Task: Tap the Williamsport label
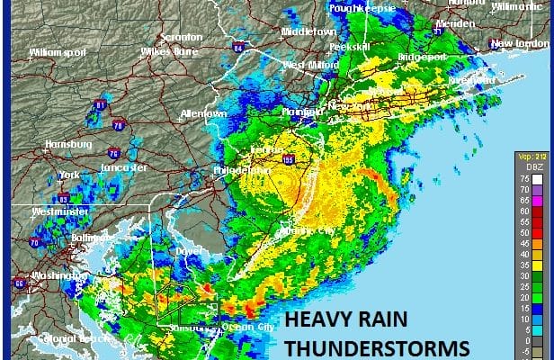[55, 53]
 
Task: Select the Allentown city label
[203, 114]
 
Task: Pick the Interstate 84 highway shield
[237, 48]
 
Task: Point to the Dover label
[185, 250]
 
